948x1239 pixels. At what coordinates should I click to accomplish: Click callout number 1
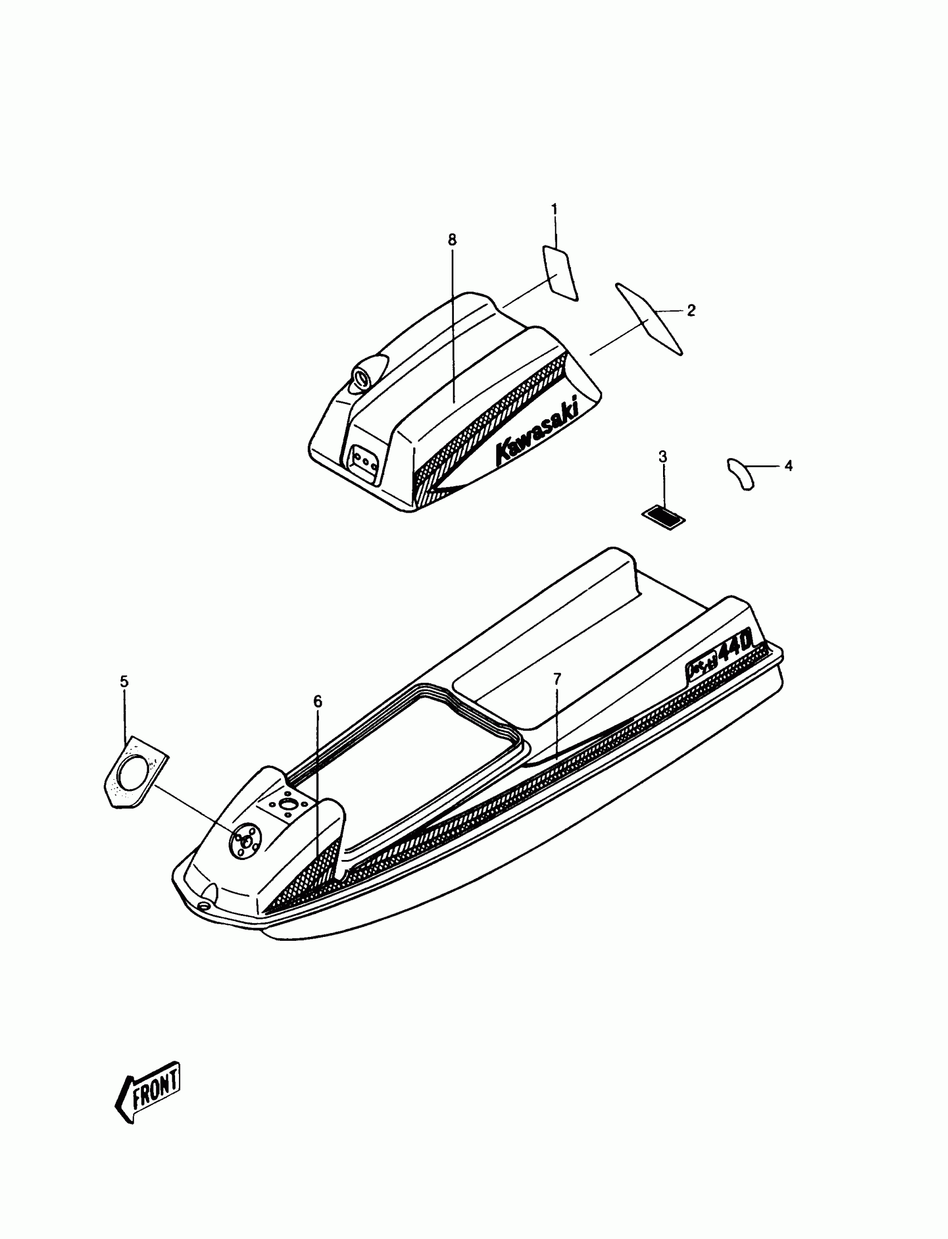(x=554, y=210)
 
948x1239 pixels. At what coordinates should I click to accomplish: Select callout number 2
(x=691, y=310)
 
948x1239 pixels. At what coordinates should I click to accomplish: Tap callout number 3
(x=662, y=457)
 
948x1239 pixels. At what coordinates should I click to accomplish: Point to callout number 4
(x=789, y=466)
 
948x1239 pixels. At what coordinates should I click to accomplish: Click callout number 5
(x=124, y=682)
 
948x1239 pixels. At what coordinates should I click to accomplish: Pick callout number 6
(x=318, y=702)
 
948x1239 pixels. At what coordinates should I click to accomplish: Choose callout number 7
(x=557, y=679)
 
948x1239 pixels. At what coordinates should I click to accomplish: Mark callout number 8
(x=452, y=240)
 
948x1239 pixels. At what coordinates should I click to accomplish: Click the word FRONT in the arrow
(x=155, y=1083)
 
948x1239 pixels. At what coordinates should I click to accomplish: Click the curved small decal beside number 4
(x=740, y=474)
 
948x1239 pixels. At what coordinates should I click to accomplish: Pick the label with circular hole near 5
(x=136, y=771)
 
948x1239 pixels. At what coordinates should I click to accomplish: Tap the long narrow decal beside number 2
(x=649, y=319)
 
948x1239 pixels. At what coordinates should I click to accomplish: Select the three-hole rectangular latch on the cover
(x=365, y=463)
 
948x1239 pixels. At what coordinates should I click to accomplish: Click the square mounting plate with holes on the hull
(x=287, y=805)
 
